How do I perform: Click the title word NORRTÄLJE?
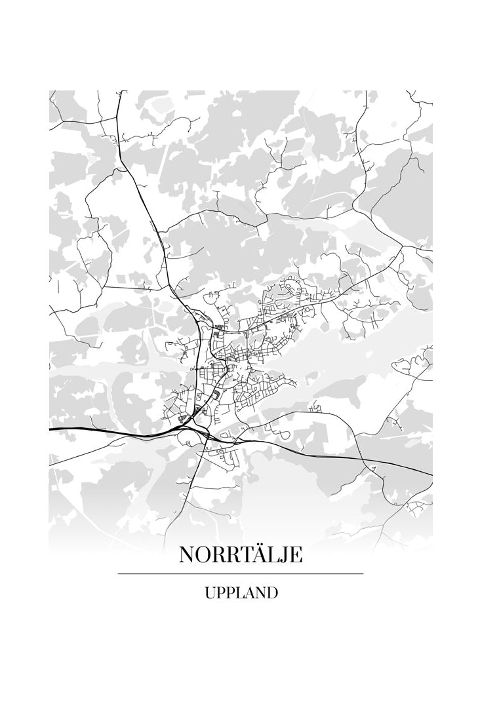pyautogui.click(x=241, y=555)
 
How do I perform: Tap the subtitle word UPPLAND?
pyautogui.click(x=241, y=594)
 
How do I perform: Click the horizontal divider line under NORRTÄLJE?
pyautogui.click(x=241, y=574)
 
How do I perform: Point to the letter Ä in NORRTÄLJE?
pyautogui.click(x=254, y=555)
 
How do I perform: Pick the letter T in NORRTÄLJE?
pyautogui.click(x=240, y=556)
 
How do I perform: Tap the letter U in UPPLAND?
pyautogui.click(x=210, y=594)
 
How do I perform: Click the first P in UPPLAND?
pyautogui.click(x=220, y=594)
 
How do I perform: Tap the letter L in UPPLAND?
pyautogui.click(x=237, y=594)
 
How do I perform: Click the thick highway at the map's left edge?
pyautogui.click(x=59, y=429)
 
